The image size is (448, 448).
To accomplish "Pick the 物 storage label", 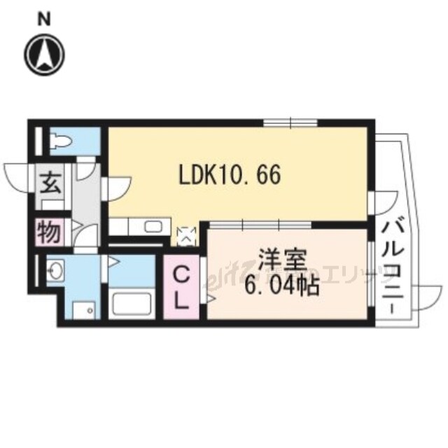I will tap(49, 232).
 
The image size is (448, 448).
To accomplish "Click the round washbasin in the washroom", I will tap(57, 268).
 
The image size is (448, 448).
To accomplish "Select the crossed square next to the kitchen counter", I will tap(187, 237).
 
